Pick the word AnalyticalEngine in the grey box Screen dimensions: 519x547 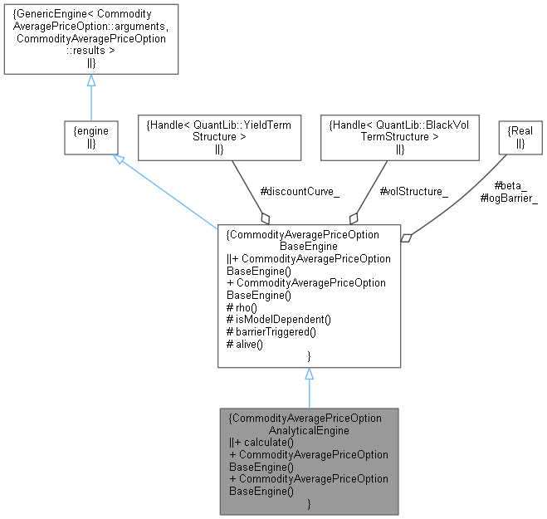pos(308,430)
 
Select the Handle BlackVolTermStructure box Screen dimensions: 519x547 pos(400,137)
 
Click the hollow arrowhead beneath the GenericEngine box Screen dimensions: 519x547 pos(91,81)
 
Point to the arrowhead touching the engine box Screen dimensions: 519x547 pos(120,159)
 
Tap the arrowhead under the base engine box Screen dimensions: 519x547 pos(309,376)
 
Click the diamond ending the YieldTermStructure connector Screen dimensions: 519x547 pos(265,218)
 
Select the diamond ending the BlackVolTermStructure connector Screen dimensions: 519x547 pos(354,218)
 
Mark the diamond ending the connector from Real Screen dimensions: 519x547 pos(407,237)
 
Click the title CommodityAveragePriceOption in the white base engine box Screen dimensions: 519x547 pos(308,235)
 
